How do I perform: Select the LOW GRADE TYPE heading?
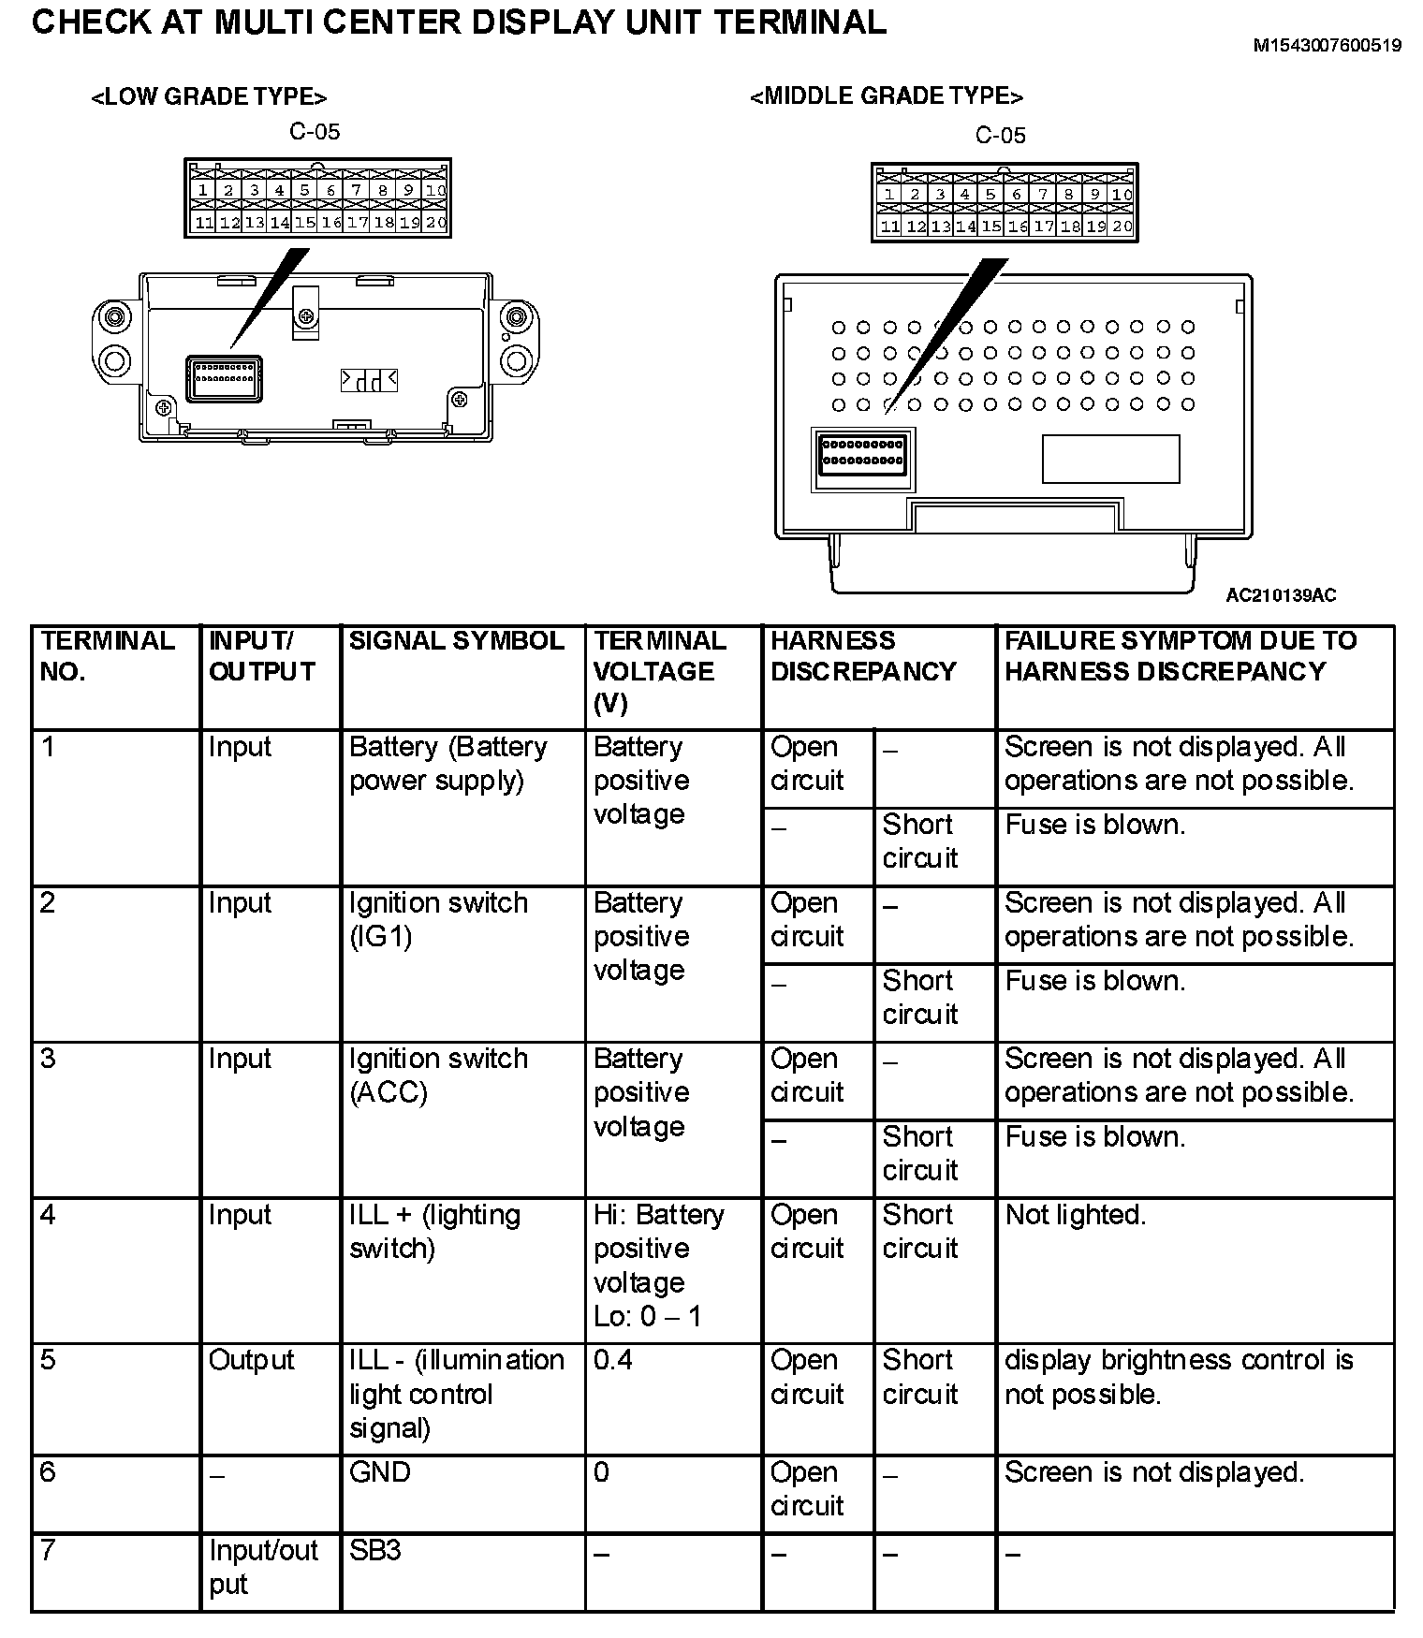pyautogui.click(x=209, y=97)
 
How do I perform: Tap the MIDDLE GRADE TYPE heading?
pyautogui.click(x=886, y=96)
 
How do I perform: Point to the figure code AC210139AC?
pyautogui.click(x=1281, y=595)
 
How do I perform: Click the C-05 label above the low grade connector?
pyautogui.click(x=315, y=132)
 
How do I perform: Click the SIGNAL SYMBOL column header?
pyautogui.click(x=456, y=641)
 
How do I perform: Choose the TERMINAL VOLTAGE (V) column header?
pyautogui.click(x=659, y=672)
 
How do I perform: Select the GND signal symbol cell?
pyautogui.click(x=379, y=1472)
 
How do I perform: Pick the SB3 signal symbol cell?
pyautogui.click(x=374, y=1551)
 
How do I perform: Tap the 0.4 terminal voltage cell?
pyautogui.click(x=612, y=1359)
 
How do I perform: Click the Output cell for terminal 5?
pyautogui.click(x=251, y=1360)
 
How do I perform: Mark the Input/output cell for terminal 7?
pyautogui.click(x=263, y=1567)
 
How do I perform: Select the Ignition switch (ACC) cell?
pyautogui.click(x=438, y=1075)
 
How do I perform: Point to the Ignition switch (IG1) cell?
pyautogui.click(x=438, y=919)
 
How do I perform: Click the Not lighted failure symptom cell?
pyautogui.click(x=1075, y=1215)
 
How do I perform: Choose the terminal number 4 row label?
pyautogui.click(x=49, y=1215)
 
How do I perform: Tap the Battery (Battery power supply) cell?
pyautogui.click(x=447, y=763)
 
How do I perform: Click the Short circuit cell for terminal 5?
pyautogui.click(x=919, y=1377)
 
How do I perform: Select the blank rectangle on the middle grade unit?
pyautogui.click(x=1110, y=459)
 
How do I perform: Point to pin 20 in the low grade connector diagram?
pyautogui.click(x=436, y=223)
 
